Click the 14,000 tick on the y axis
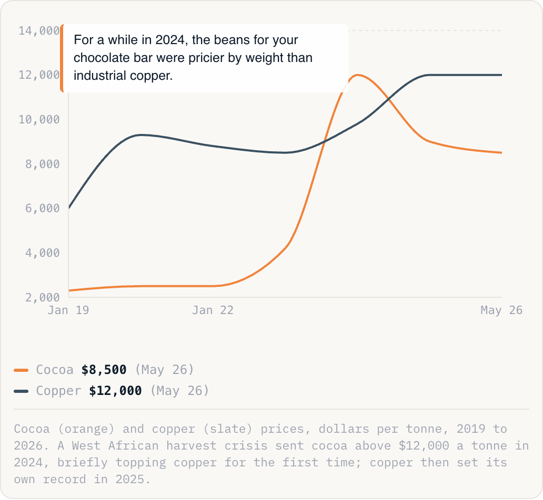39,31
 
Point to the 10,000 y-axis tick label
39,120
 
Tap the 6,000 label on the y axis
43,209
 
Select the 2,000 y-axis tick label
43,297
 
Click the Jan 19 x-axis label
68,310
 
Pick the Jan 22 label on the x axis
213,310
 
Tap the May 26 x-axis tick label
501,310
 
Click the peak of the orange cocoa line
357,75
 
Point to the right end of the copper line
501,75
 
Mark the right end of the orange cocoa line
501,152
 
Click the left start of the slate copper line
69,208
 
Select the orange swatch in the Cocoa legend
21,370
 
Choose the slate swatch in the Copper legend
21,391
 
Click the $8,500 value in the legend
104,370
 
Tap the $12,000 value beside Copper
115,391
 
